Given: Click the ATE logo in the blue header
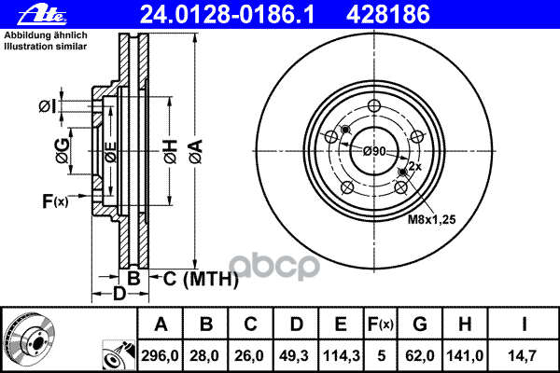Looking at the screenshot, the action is click(x=42, y=15).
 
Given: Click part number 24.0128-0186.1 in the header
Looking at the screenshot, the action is click(x=227, y=15).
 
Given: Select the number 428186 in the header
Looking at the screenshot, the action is click(x=388, y=15).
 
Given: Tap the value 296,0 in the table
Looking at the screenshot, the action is click(x=160, y=356).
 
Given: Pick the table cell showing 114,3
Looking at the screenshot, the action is click(x=341, y=356).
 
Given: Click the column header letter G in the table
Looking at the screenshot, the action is click(x=420, y=325).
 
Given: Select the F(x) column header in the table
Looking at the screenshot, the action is click(x=380, y=325).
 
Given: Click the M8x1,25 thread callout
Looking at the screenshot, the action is click(x=431, y=219).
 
